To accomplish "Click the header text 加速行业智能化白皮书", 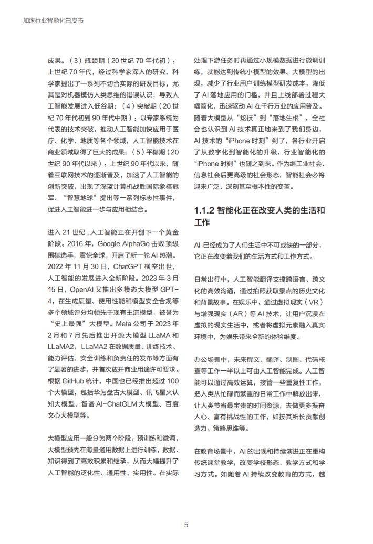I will tap(54, 24).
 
